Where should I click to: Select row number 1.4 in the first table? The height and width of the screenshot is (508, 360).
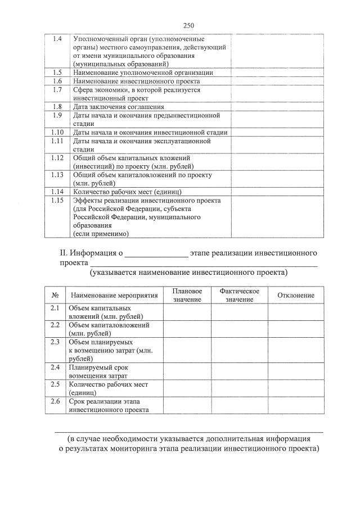click(57, 39)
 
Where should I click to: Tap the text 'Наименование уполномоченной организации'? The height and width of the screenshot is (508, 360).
click(143, 72)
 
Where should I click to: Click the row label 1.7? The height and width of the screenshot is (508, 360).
click(57, 90)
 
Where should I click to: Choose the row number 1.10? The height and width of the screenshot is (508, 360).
click(57, 133)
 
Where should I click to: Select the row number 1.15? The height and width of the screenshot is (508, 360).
click(57, 201)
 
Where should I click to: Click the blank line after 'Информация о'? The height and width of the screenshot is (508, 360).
click(156, 253)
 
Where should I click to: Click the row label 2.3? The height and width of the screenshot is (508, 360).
click(55, 342)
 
